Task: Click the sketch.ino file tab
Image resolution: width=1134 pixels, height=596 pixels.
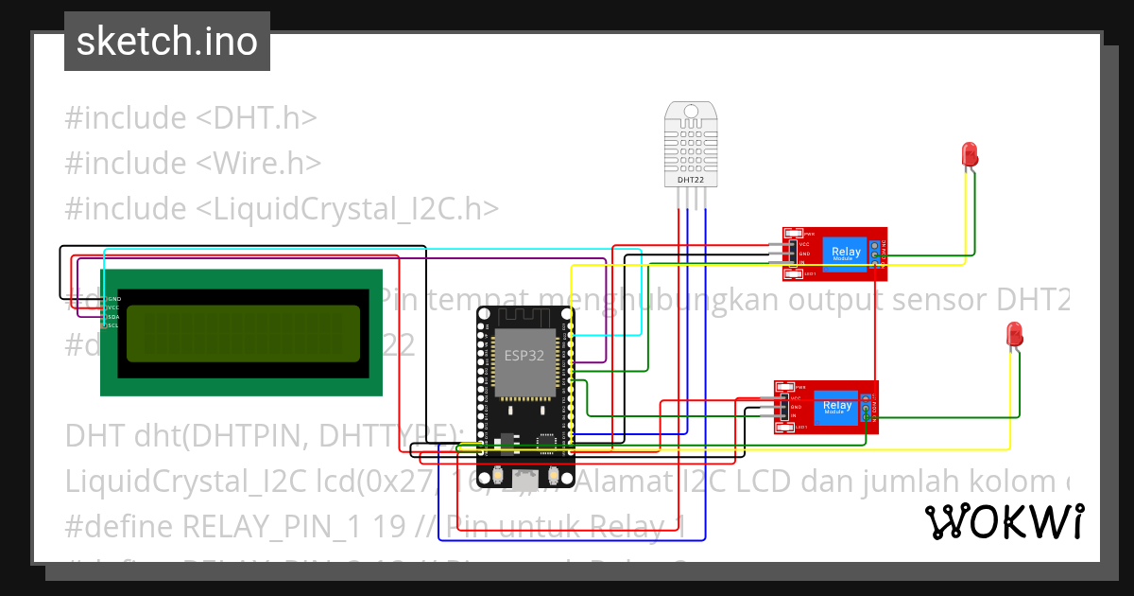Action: [x=166, y=42]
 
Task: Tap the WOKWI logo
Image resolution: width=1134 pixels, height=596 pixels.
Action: [x=1004, y=521]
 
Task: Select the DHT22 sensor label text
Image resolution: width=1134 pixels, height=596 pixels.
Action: [x=691, y=179]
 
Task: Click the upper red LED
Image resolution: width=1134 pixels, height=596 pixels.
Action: [x=970, y=154]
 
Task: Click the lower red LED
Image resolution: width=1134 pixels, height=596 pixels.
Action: [x=1014, y=333]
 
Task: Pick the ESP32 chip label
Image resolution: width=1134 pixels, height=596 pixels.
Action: [x=523, y=357]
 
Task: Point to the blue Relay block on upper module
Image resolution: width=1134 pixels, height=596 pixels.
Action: [x=846, y=253]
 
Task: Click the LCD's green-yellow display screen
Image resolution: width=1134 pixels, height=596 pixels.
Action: [x=243, y=333]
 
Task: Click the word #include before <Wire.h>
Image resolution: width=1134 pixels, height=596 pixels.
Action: [x=126, y=164]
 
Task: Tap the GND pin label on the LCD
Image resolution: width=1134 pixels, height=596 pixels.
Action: [x=113, y=298]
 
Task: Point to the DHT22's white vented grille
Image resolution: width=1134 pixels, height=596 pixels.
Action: [x=691, y=142]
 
